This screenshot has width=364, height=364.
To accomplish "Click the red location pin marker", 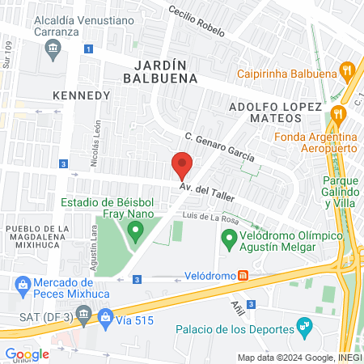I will tap(182, 165).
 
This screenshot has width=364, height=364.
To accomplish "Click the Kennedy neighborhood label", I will tap(80, 95).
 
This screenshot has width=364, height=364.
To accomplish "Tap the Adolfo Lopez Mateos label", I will tap(276, 112).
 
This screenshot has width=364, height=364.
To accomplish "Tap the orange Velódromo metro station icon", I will tap(242, 276).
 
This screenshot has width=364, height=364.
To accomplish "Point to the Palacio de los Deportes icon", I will tap(304, 328).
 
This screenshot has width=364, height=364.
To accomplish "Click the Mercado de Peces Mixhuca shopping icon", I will tap(23, 283).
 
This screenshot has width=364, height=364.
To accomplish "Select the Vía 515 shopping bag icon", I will tap(105, 320).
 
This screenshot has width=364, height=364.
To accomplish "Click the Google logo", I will tap(28, 353).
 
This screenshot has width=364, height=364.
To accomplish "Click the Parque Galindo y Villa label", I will tap(341, 192).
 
